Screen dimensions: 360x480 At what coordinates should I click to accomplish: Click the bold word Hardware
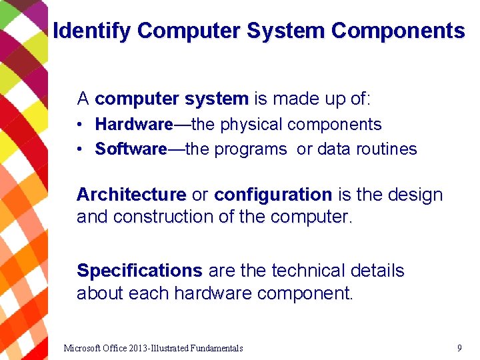(133, 125)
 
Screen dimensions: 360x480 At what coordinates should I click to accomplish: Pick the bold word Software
(131, 149)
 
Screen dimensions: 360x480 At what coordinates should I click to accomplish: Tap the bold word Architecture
(131, 195)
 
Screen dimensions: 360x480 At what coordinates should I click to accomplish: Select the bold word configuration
(273, 195)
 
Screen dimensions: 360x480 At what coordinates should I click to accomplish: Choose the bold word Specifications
(139, 271)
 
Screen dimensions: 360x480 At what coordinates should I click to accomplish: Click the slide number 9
(459, 347)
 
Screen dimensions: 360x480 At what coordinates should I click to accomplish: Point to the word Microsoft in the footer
(83, 348)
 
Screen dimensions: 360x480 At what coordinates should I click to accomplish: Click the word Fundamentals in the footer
(216, 348)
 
